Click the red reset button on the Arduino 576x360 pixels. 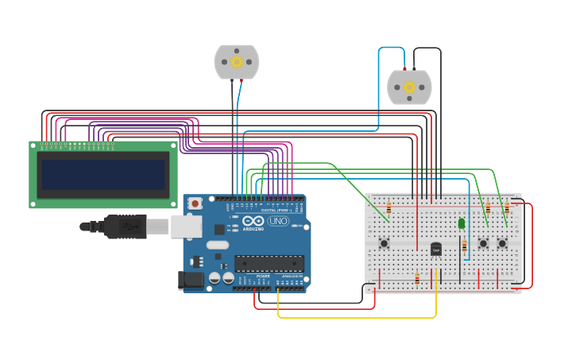click(195, 204)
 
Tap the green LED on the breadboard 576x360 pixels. click(462, 224)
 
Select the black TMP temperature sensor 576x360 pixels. click(435, 249)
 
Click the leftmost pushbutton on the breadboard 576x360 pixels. click(384, 243)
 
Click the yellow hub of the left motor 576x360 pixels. click(236, 61)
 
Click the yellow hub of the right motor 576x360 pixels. click(409, 87)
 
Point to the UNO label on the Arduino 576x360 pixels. click(278, 221)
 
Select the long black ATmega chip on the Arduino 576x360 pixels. click(269, 263)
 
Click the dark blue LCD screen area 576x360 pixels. click(103, 175)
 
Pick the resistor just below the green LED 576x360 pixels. click(465, 246)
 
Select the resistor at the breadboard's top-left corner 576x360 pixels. click(389, 208)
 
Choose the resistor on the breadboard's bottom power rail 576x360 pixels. click(417, 278)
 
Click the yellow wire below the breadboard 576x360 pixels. click(358, 317)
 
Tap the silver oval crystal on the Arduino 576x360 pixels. click(218, 245)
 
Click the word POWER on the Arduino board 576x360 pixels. click(263, 276)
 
